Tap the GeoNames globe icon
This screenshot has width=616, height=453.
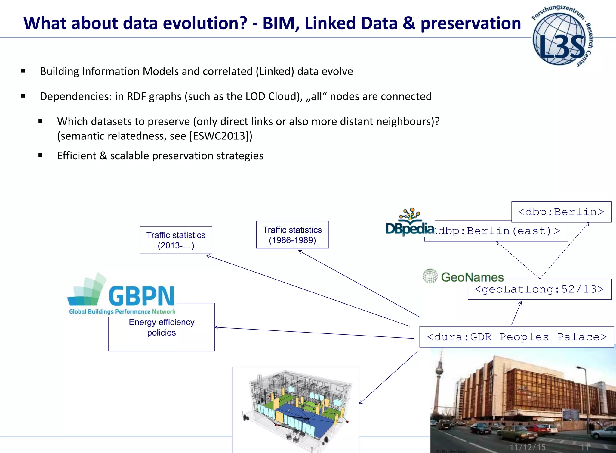click(x=430, y=276)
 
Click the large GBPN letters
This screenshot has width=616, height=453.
click(x=141, y=296)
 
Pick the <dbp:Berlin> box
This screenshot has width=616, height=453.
click(x=561, y=212)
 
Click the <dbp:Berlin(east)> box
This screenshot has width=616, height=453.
click(x=499, y=231)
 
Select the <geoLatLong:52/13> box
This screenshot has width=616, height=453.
click(x=539, y=289)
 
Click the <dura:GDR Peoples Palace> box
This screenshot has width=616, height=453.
click(x=516, y=337)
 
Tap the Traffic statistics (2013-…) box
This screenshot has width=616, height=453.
click(x=176, y=240)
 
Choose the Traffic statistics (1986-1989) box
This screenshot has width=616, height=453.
click(x=292, y=235)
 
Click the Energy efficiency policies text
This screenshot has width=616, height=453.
click(x=162, y=327)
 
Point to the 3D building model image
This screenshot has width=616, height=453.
click(x=295, y=410)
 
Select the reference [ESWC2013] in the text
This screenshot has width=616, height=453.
click(x=221, y=136)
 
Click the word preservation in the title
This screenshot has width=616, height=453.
click(x=471, y=23)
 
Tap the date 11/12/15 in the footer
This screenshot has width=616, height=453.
click(x=528, y=447)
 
